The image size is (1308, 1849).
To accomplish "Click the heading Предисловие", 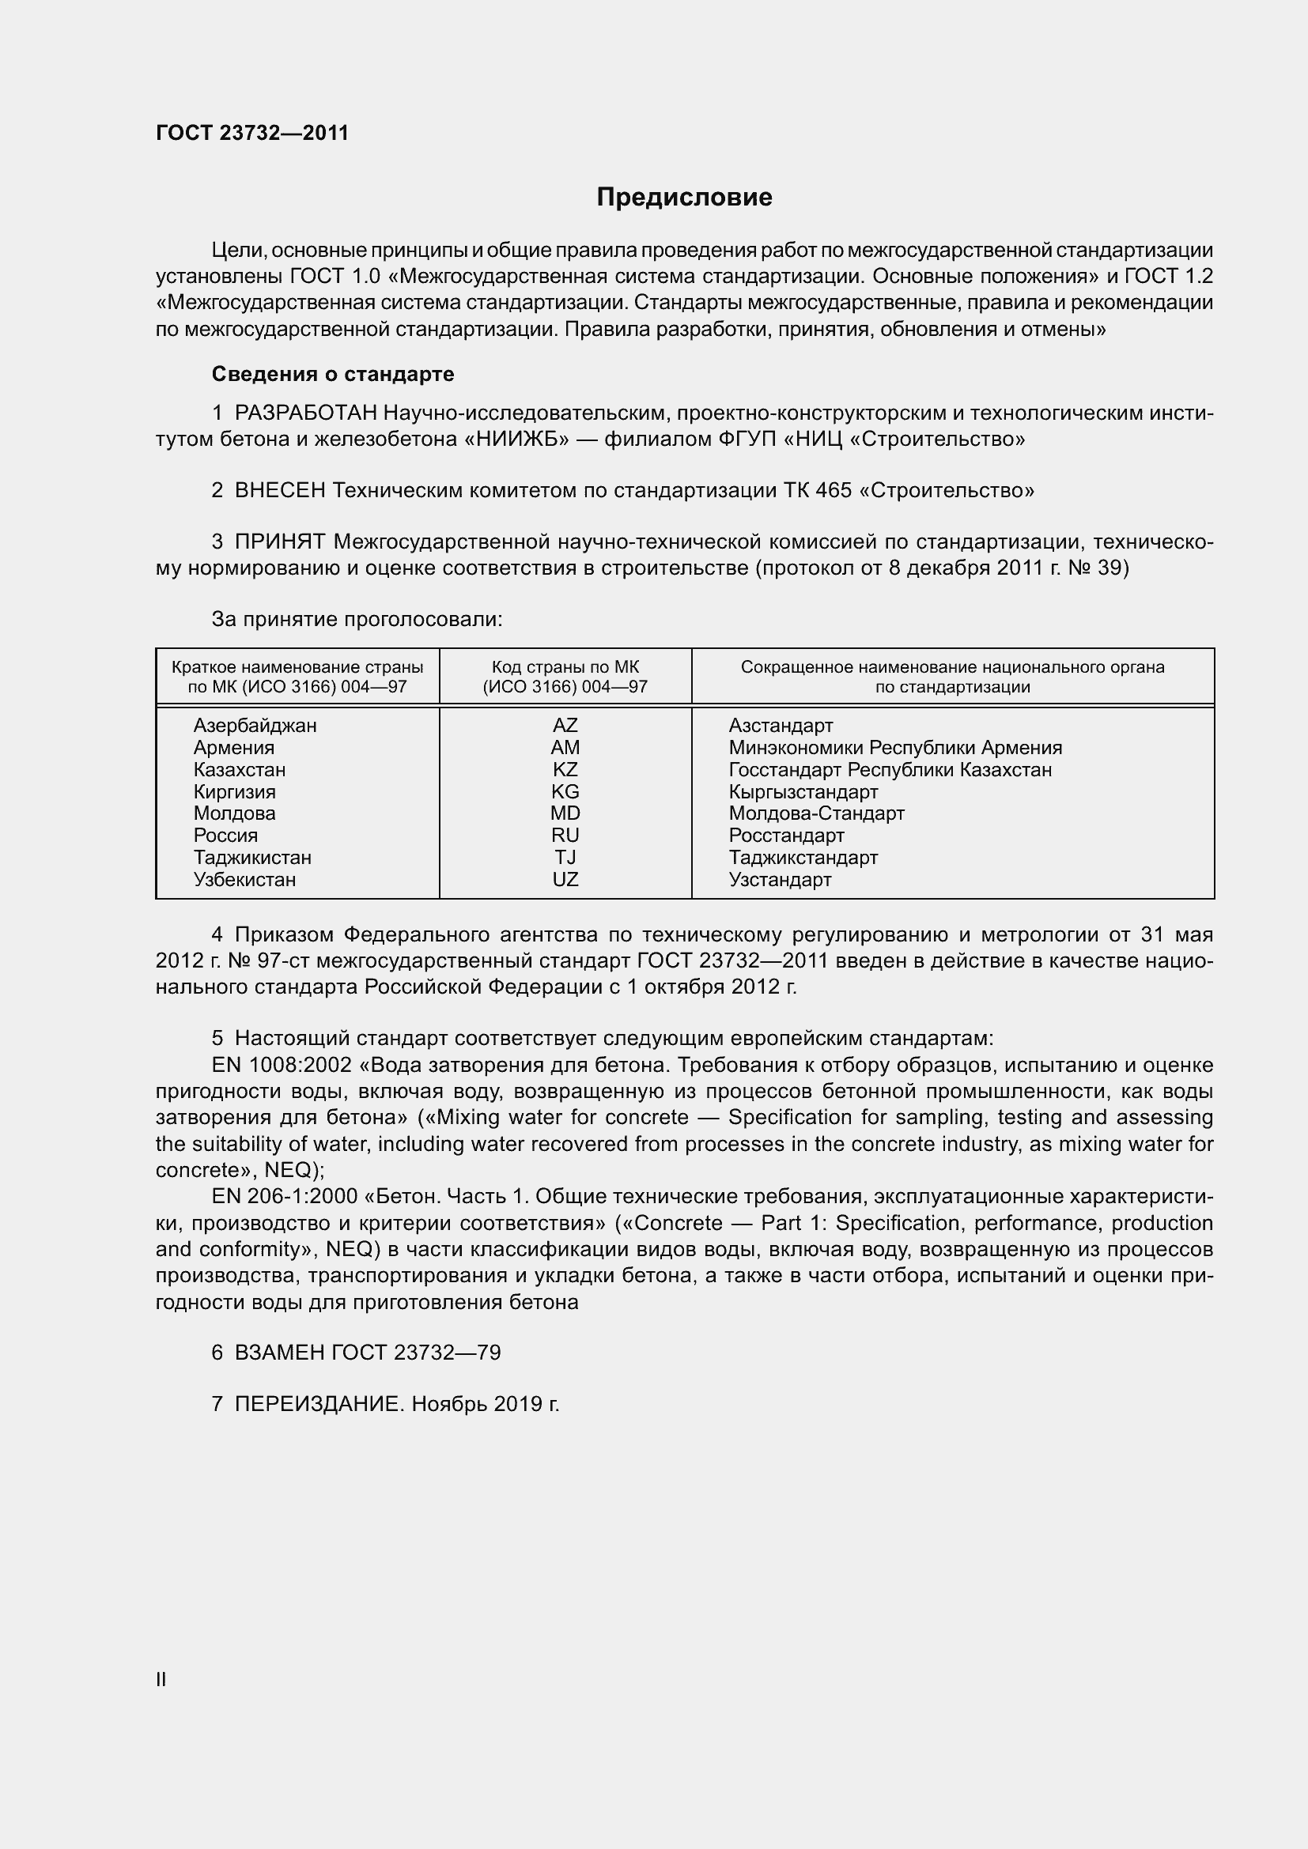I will tap(684, 198).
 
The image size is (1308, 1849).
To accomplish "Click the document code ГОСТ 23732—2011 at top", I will tap(252, 133).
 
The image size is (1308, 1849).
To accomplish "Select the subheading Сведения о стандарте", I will tap(333, 374).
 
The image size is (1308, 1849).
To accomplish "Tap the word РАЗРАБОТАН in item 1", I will tap(305, 413).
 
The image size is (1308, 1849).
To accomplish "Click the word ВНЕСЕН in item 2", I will tap(279, 490).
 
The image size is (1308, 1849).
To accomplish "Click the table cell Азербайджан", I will tap(255, 725).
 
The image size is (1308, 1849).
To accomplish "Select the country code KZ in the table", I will tap(565, 769).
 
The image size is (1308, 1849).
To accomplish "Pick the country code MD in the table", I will tap(565, 813).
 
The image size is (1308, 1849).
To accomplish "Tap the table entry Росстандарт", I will tap(786, 835).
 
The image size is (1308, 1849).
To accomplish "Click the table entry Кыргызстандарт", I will tap(803, 791).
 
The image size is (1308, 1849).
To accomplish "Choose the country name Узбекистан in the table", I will tap(244, 879).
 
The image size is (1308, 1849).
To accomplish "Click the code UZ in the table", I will tap(565, 879).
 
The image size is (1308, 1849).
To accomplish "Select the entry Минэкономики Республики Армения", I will tap(895, 747).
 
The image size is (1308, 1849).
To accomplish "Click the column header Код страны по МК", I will tap(565, 668).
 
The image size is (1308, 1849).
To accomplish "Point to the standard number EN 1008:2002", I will tap(281, 1066).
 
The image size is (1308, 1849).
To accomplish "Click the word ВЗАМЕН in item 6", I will tap(279, 1352).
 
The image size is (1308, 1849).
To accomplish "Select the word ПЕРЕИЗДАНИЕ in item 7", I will tap(317, 1405).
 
